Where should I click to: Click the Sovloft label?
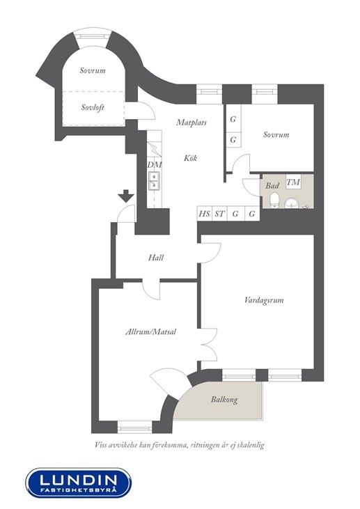93,107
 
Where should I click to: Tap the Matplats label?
191,123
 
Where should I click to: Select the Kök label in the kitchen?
190,158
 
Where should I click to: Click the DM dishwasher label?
155,165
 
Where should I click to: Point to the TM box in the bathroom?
293,182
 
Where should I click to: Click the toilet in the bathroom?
274,200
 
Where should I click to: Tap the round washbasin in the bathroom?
292,203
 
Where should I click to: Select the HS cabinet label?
204,214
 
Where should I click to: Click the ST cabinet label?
219,214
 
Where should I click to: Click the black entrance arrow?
126,196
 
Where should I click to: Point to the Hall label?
156,258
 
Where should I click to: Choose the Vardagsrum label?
264,300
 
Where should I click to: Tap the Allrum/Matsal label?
150,331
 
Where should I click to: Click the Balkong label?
224,399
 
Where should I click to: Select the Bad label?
272,186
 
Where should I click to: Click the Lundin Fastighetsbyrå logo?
78,483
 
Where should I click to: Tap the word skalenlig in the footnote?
250,445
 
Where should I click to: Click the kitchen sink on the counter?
154,181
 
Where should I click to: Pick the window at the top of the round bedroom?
92,36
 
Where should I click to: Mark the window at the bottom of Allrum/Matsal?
134,428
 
